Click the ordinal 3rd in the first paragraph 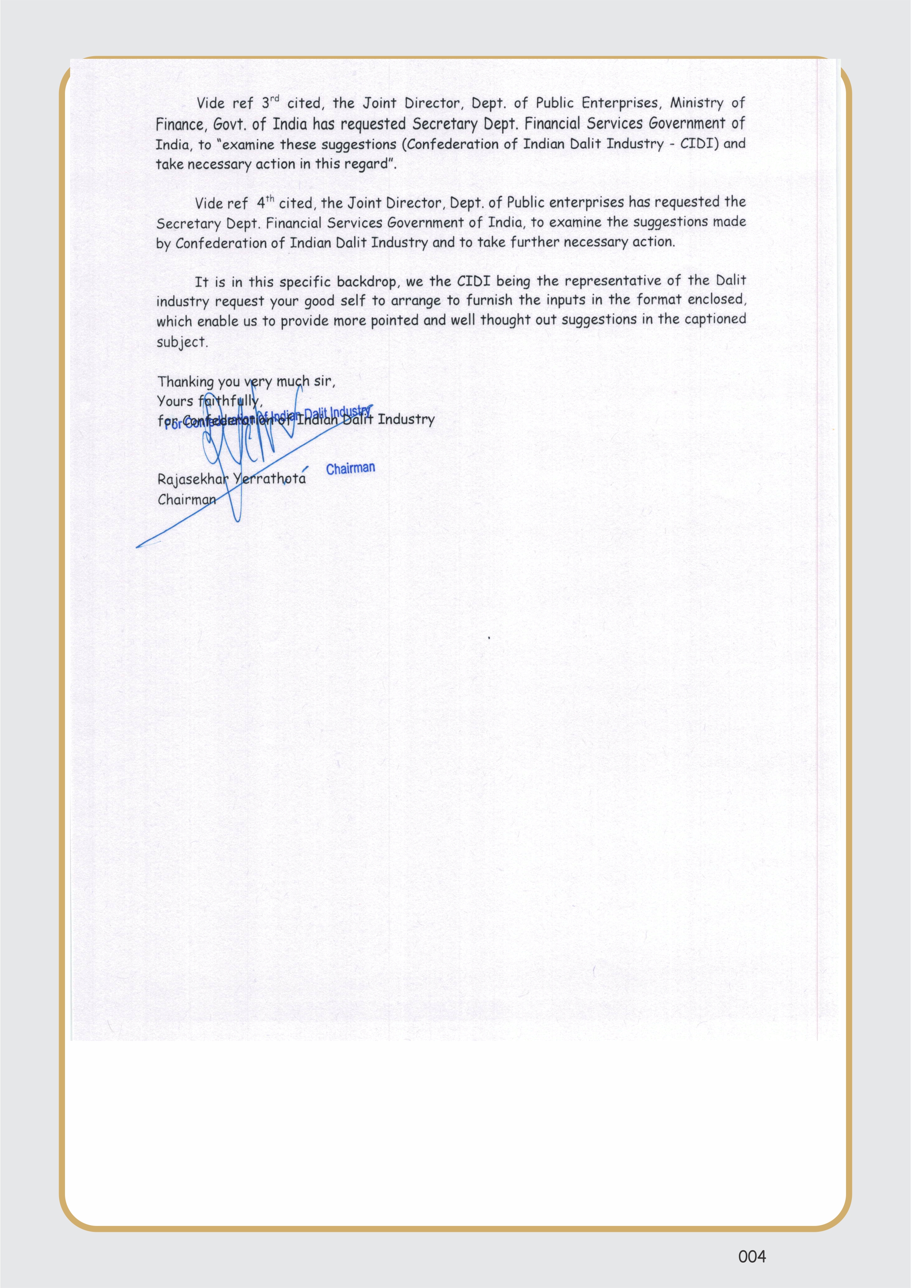270,103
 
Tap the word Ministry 697,103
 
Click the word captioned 715,319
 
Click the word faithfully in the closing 230,401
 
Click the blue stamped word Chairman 351,468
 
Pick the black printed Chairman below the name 187,499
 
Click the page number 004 752,1256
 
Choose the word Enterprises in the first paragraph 619,103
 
